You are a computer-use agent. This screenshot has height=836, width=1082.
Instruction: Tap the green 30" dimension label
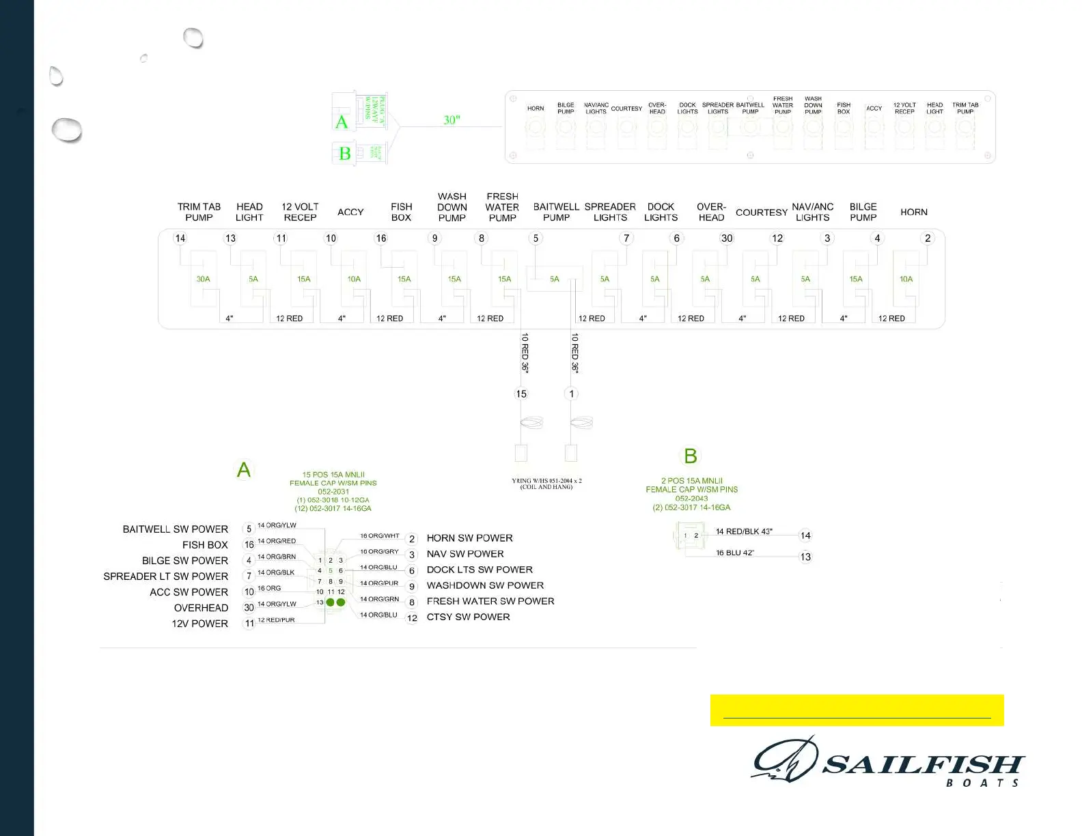[x=452, y=120]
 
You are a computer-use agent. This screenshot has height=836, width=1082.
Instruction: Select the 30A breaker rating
[x=203, y=279]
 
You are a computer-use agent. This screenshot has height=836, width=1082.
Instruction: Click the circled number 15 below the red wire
[x=521, y=394]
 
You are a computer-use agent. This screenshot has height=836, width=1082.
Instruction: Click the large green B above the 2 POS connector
[x=691, y=456]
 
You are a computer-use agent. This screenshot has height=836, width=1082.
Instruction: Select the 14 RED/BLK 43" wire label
[x=744, y=531]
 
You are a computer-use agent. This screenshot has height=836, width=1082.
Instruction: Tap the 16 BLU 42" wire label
[x=735, y=553]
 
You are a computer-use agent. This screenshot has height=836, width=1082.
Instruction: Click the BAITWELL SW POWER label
[x=176, y=529]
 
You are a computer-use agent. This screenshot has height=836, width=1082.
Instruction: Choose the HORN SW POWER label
[x=469, y=538]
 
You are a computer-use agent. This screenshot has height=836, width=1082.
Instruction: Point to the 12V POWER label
[x=199, y=624]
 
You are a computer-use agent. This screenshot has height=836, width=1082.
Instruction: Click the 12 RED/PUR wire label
[x=276, y=620]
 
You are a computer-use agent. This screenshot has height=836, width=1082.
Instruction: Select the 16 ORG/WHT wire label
[x=379, y=536]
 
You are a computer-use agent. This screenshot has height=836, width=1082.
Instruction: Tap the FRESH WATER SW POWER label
[x=490, y=601]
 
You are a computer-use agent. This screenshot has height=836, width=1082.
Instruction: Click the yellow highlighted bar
[x=857, y=710]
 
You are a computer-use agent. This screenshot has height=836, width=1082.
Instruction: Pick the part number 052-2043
[x=691, y=499]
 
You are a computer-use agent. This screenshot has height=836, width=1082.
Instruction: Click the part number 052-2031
[x=333, y=492]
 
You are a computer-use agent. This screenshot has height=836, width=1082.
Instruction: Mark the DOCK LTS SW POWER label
[x=480, y=570]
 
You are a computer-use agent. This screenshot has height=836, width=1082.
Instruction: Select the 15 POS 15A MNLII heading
[x=333, y=475]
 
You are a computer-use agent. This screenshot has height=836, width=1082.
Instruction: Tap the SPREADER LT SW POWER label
[x=166, y=576]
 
